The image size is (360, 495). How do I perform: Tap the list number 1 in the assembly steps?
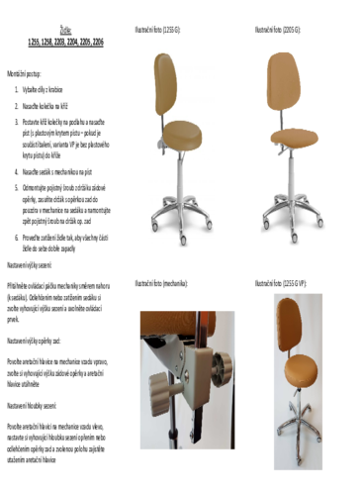click(x=17, y=89)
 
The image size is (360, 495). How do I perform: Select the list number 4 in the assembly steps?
click(x=17, y=171)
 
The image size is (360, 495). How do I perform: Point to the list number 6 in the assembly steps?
click(x=17, y=239)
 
